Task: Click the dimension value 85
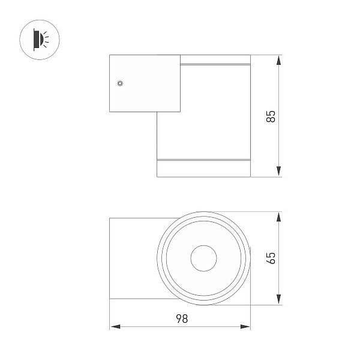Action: [x=271, y=116]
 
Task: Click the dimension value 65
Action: [x=271, y=258]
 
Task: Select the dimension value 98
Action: [x=182, y=319]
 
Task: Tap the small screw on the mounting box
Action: [x=120, y=83]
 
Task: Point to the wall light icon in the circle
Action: [x=41, y=40]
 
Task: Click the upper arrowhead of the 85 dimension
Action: [x=279, y=60]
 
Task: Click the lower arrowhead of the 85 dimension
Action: [x=279, y=172]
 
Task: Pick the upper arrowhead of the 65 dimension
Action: [x=279, y=217]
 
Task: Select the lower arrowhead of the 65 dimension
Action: [x=279, y=299]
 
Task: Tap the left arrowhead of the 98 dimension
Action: [x=115, y=326]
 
